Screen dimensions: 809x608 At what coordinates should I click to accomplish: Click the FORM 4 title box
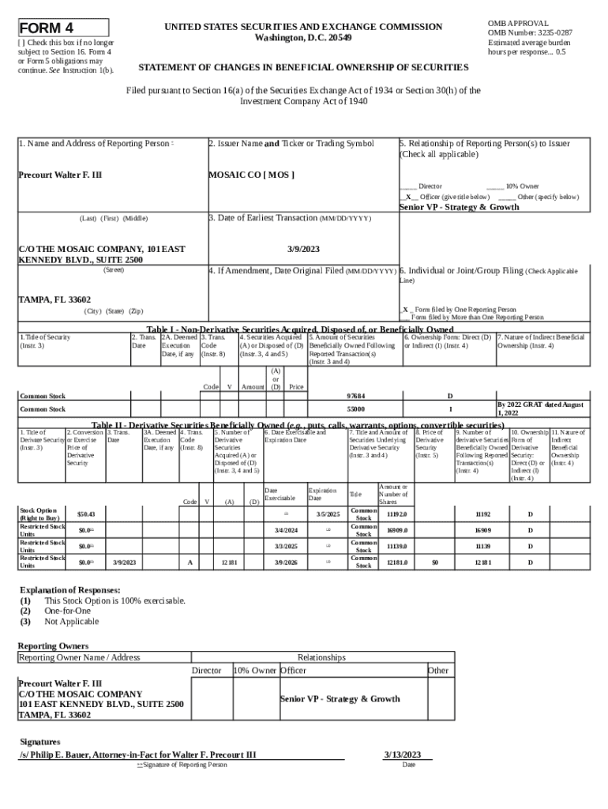click(x=63, y=27)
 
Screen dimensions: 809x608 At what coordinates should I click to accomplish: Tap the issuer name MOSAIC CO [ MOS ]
click(x=251, y=174)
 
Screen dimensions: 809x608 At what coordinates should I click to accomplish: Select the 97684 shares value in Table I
click(x=356, y=395)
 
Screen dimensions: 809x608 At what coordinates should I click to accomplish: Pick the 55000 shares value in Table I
click(x=356, y=409)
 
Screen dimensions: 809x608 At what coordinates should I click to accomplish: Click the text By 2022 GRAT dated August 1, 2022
click(x=540, y=408)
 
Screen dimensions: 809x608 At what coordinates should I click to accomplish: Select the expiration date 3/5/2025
click(x=327, y=515)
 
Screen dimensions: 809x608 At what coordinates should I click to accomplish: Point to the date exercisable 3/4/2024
click(x=285, y=530)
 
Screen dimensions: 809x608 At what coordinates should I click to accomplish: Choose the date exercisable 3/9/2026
click(x=285, y=563)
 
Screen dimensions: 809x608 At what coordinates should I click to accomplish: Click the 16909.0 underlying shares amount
click(x=397, y=530)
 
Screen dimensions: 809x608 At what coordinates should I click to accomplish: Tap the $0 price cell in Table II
click(x=433, y=563)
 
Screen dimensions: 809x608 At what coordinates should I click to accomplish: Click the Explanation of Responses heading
click(x=69, y=590)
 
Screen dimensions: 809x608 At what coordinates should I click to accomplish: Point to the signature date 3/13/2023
click(x=402, y=754)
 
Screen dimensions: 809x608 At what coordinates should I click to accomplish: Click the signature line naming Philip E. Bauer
click(x=138, y=754)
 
